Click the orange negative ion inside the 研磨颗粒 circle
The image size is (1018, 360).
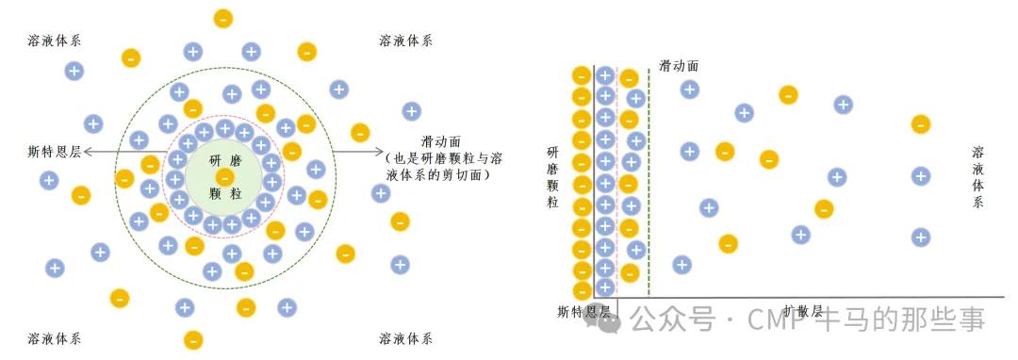coord(224,177)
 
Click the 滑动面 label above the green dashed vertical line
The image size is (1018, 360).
coord(679,66)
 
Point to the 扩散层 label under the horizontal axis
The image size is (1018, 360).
coord(803,311)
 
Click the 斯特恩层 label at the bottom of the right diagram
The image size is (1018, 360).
coord(583,311)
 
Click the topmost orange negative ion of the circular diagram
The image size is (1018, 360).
coord(223,18)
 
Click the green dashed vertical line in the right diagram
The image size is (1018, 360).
coord(649,188)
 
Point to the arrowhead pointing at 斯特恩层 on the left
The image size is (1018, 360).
coord(88,151)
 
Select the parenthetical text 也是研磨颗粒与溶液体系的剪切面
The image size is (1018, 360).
coord(445,167)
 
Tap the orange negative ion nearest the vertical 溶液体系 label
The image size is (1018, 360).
coord(921,123)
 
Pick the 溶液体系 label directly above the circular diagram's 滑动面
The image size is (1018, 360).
coord(405,41)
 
